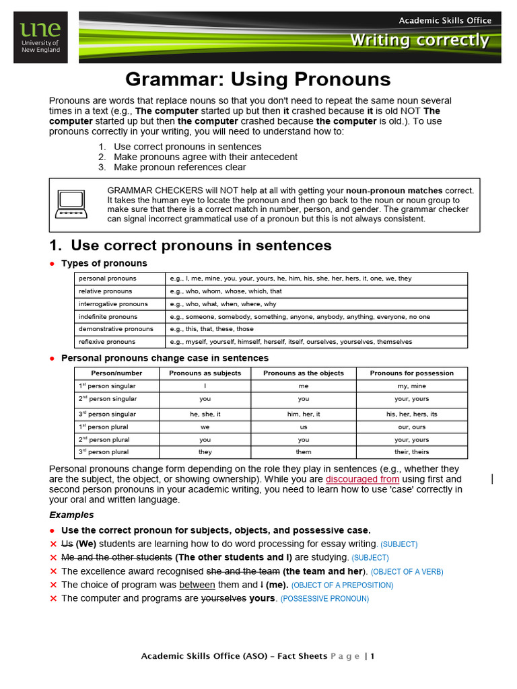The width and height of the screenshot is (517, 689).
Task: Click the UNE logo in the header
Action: (x=40, y=38)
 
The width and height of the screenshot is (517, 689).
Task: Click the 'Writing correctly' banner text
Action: (x=419, y=40)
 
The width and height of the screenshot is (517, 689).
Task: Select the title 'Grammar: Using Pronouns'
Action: (x=258, y=79)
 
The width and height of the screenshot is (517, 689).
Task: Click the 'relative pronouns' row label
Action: (x=106, y=291)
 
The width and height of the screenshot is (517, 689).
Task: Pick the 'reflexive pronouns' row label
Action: (x=107, y=342)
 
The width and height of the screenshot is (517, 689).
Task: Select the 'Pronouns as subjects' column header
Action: (x=205, y=373)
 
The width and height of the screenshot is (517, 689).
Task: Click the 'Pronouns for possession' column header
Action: (x=411, y=373)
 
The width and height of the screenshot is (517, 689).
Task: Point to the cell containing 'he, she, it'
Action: (x=205, y=414)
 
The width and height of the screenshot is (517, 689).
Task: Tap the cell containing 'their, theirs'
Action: (x=411, y=452)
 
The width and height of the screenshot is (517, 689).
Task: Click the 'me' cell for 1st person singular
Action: (x=303, y=386)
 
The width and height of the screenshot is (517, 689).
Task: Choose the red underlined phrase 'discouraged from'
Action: (x=362, y=479)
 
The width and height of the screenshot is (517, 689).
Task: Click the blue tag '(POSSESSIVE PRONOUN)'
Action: (x=324, y=599)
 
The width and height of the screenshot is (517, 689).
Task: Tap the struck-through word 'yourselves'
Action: (x=223, y=598)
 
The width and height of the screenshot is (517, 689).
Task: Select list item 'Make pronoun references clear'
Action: (x=180, y=167)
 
